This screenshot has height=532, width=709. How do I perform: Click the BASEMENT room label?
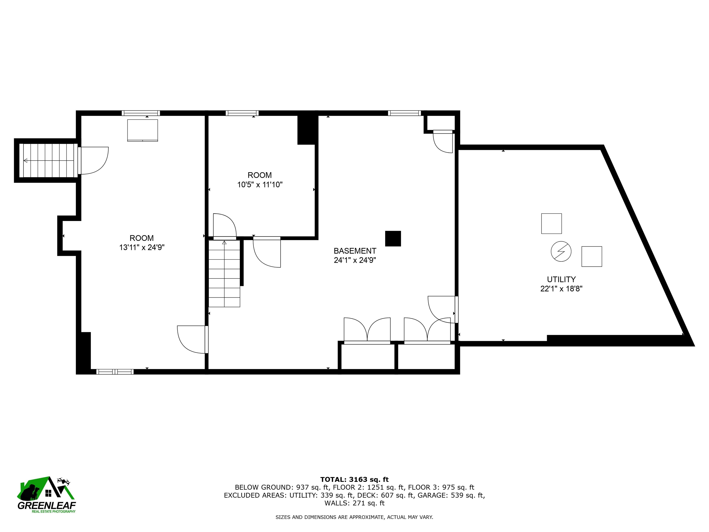click(355, 251)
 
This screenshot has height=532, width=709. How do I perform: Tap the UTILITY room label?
click(561, 279)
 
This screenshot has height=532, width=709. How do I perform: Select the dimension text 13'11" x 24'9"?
click(142, 248)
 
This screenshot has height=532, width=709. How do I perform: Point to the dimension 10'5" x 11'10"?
click(260, 185)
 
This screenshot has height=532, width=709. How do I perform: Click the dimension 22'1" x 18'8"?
click(561, 289)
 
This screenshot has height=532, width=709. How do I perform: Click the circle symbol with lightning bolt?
click(561, 251)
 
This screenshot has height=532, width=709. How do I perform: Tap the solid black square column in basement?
click(393, 239)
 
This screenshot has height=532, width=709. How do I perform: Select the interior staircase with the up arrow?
click(224, 274)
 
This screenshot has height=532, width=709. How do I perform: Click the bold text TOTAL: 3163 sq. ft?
click(354, 479)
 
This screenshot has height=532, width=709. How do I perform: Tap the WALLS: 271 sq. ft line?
click(354, 503)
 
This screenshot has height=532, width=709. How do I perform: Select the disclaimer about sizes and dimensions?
click(354, 517)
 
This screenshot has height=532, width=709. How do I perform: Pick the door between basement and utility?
click(443, 309)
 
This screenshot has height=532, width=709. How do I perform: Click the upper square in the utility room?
click(552, 224)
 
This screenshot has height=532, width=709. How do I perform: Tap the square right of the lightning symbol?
click(592, 257)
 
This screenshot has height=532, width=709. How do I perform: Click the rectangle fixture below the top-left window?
click(143, 130)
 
